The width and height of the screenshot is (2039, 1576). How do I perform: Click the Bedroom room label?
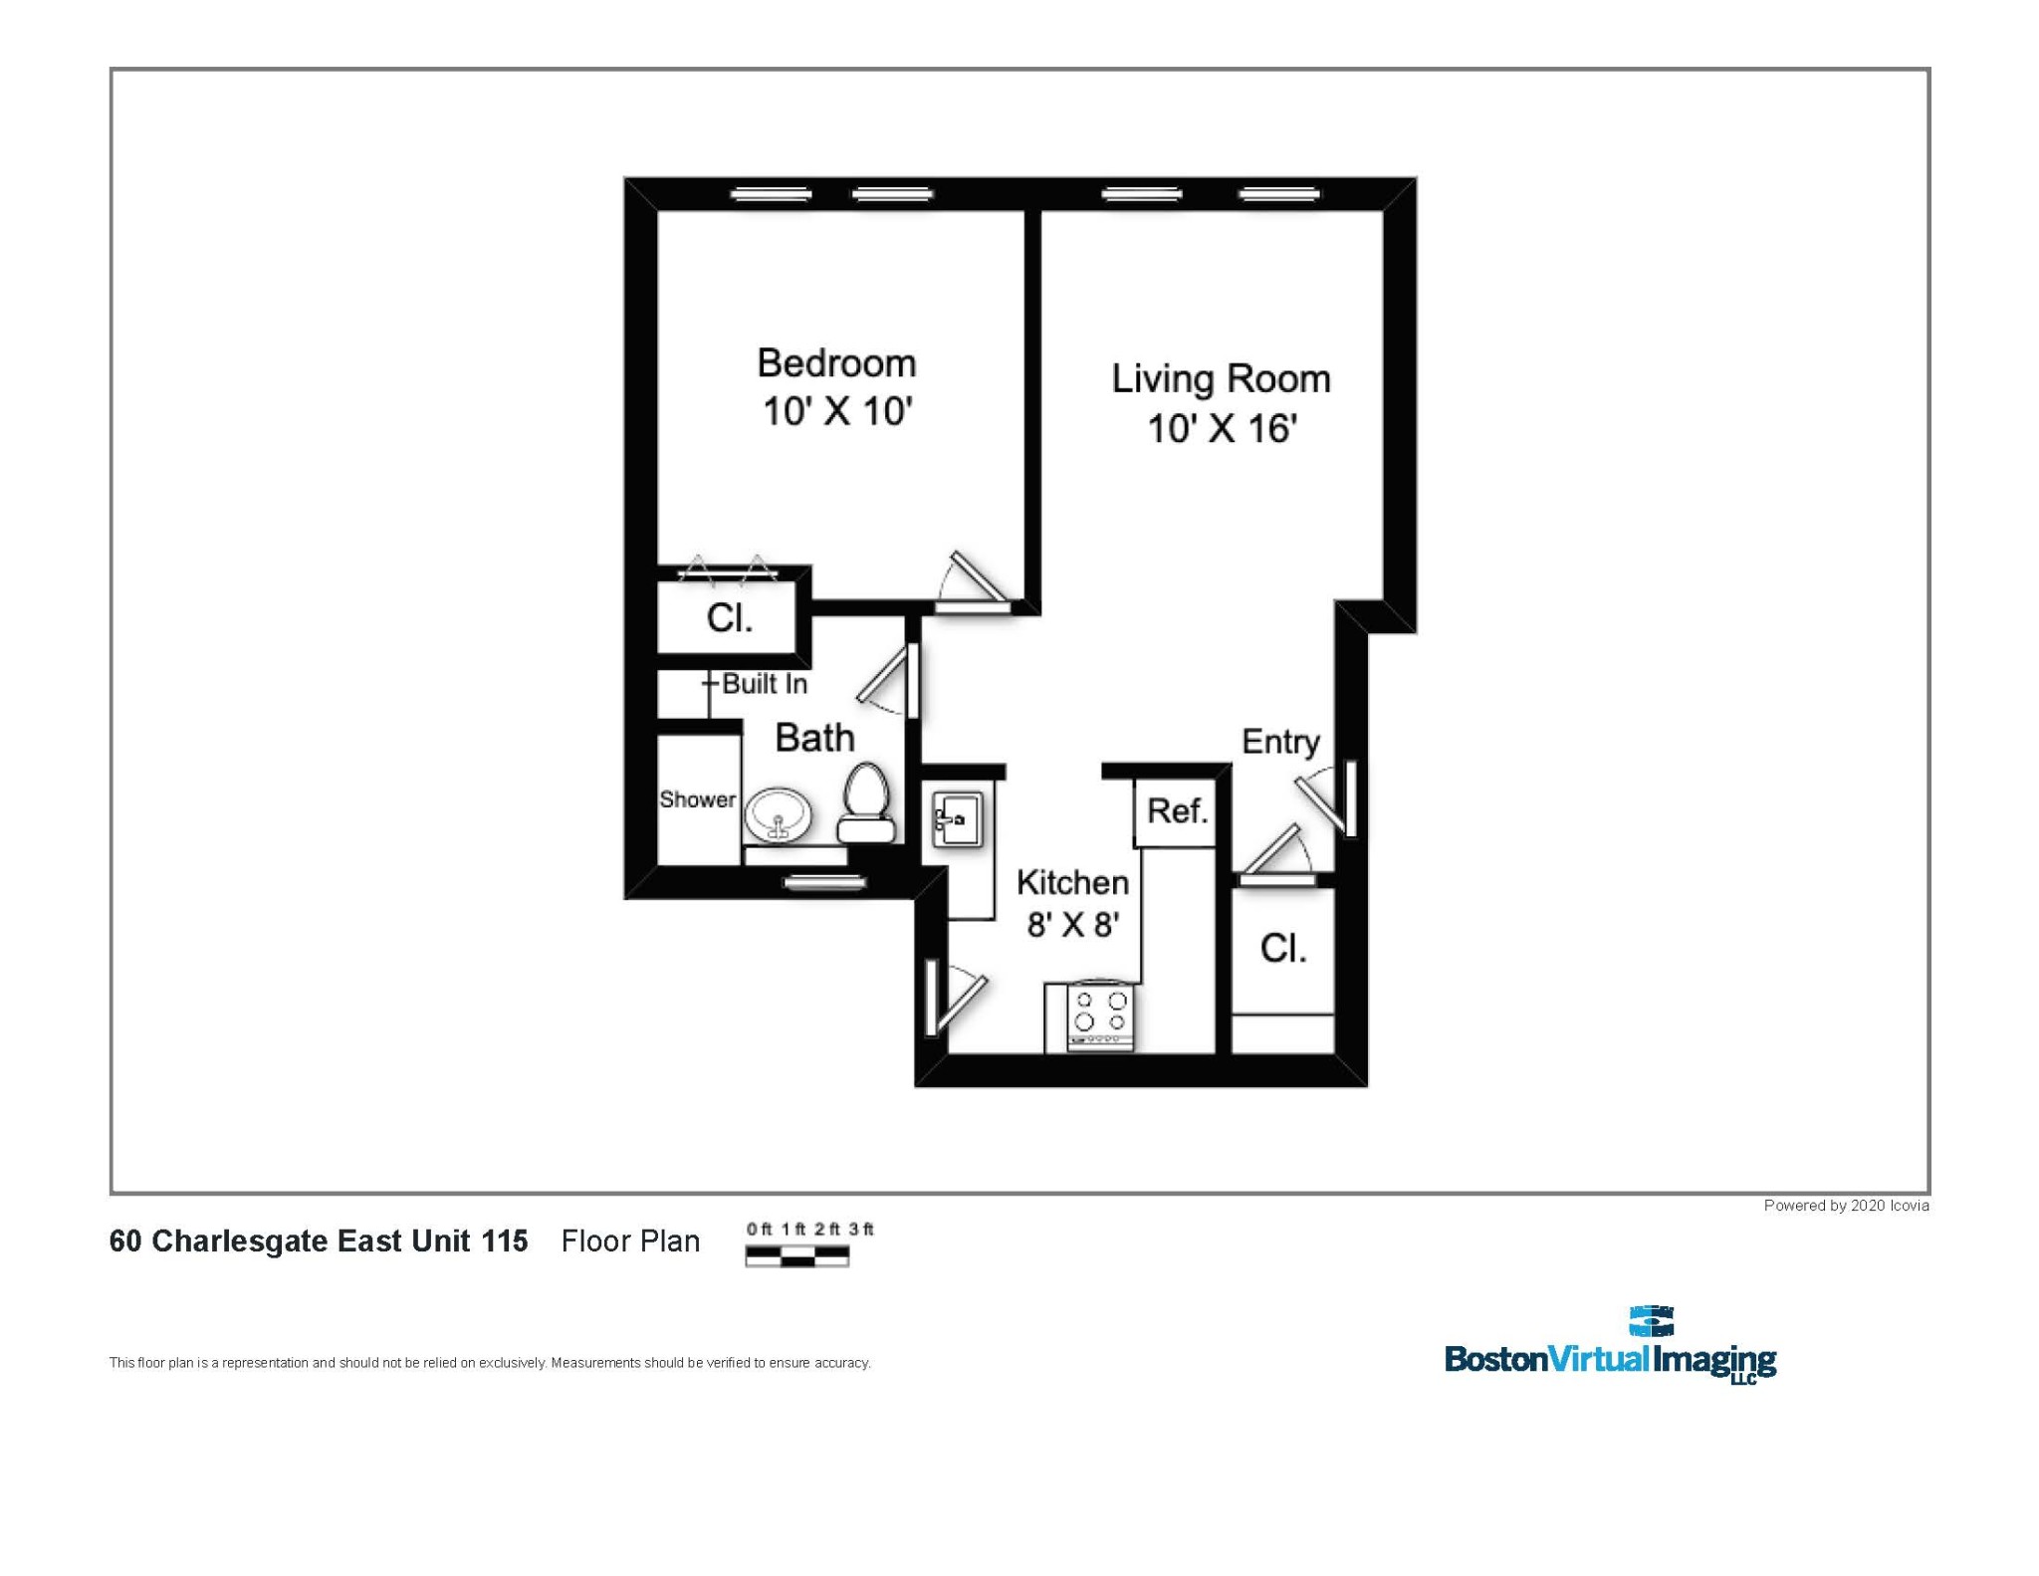[836, 363]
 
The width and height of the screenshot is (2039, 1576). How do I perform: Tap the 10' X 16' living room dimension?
[1222, 429]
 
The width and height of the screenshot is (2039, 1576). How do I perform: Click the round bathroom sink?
[779, 815]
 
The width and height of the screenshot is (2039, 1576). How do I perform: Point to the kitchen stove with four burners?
[1100, 1015]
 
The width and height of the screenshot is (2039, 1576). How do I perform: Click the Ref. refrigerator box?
[1177, 811]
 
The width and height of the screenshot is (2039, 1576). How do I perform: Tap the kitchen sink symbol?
[957, 818]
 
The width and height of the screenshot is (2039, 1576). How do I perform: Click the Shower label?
[697, 799]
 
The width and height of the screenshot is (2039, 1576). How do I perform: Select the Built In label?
[764, 684]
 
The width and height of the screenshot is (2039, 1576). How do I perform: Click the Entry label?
[1280, 742]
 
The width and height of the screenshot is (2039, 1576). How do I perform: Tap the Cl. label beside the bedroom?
[730, 618]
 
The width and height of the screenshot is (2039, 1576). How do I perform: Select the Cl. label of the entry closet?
[1282, 948]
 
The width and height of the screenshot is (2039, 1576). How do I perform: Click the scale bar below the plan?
[796, 1256]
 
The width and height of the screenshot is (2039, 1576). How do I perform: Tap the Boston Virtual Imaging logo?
[1610, 1346]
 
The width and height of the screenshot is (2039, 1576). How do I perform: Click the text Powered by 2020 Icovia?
[1846, 1206]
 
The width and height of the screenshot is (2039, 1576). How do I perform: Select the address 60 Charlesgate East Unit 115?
[319, 1241]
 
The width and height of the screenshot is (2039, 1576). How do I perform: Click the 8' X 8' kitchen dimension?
[1073, 925]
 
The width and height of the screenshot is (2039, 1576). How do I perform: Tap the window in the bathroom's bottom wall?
[824, 882]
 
